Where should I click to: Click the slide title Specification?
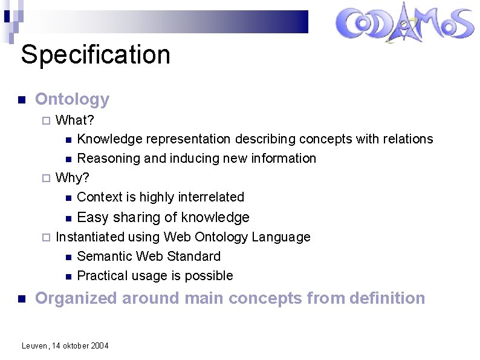pyautogui.click(x=96, y=54)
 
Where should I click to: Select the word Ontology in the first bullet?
pyautogui.click(x=73, y=99)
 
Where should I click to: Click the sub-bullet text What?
pyautogui.click(x=74, y=120)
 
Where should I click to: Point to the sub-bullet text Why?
pyautogui.click(x=73, y=177)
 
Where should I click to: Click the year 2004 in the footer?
pyautogui.click(x=100, y=345)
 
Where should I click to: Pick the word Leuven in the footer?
pyautogui.click(x=33, y=345)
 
